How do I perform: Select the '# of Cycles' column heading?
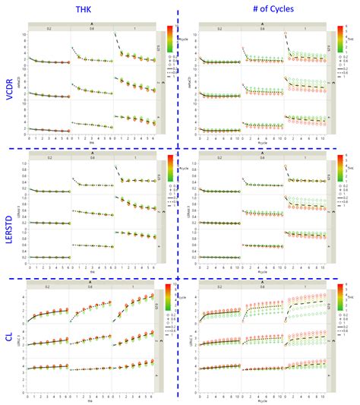click(266, 10)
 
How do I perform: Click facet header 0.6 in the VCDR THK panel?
click(91, 29)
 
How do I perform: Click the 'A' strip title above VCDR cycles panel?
click(263, 24)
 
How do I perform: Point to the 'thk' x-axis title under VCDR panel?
click(91, 142)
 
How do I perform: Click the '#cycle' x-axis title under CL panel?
click(263, 395)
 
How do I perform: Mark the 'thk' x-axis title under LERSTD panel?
click(91, 269)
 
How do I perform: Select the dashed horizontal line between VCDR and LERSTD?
click(182, 148)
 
